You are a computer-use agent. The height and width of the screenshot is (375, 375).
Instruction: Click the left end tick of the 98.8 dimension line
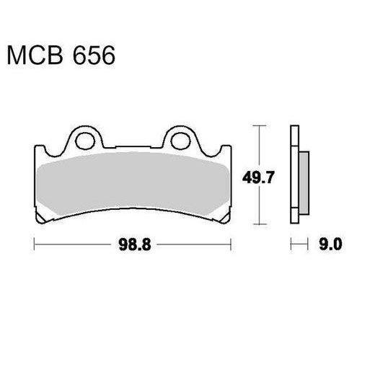[35, 245]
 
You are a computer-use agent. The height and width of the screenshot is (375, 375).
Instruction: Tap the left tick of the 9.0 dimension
[290, 245]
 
